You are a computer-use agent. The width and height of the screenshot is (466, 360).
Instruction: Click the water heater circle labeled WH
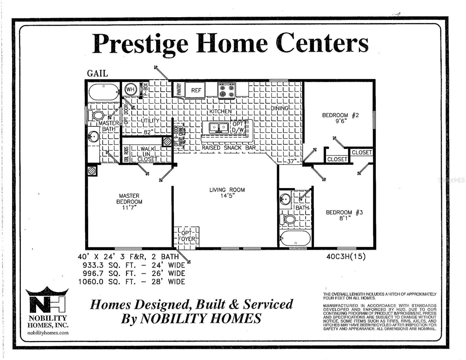tap(130, 89)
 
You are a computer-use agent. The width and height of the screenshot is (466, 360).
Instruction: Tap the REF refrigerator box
tap(196, 90)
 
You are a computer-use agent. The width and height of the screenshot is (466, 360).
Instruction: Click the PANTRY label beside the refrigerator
tap(179, 89)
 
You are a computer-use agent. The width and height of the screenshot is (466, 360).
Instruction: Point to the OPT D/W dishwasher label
tap(238, 127)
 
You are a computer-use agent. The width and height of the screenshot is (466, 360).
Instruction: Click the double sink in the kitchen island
tap(216, 127)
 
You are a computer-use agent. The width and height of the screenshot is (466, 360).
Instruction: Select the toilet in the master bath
tap(96, 115)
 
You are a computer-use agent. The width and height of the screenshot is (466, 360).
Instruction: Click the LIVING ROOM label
tap(227, 190)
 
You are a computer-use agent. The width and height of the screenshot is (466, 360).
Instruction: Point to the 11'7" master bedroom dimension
tap(129, 208)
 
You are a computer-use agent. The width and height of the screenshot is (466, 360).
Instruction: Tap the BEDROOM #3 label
tap(344, 212)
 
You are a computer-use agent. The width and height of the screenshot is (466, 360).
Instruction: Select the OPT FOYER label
tap(187, 236)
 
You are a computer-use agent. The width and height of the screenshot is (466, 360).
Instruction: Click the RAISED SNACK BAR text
tap(229, 148)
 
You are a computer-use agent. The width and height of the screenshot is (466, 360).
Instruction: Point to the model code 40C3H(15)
tap(346, 257)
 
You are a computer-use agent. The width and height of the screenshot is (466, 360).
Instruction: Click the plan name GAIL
tap(97, 73)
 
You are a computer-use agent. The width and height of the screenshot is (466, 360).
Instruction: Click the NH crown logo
tap(47, 301)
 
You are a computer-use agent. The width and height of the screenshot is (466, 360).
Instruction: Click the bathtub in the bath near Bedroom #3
tap(295, 238)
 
